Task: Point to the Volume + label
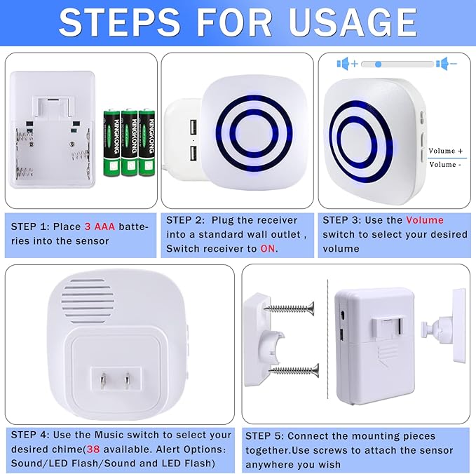446,151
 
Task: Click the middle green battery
129,142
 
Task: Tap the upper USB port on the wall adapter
191,127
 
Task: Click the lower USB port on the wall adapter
191,153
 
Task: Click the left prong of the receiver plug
102,383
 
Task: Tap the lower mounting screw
293,369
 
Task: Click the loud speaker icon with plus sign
346,64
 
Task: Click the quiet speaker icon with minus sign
446,64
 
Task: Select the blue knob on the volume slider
378,64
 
